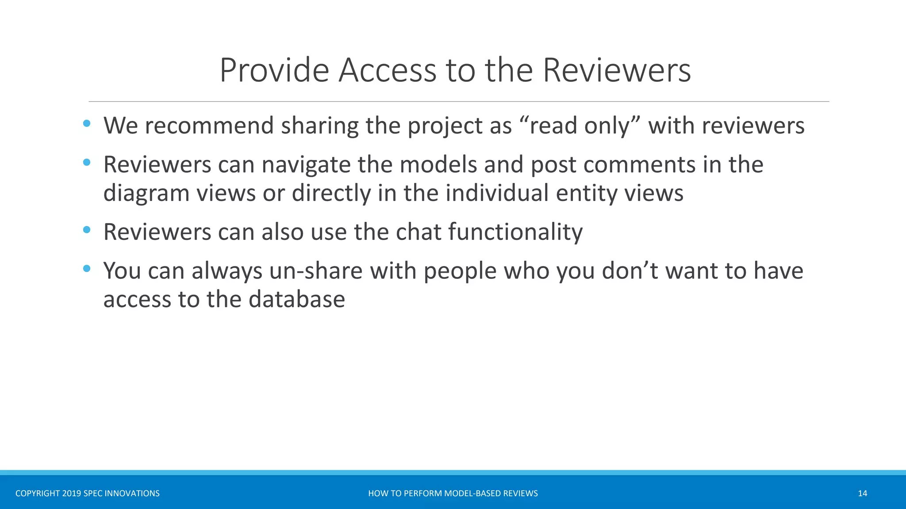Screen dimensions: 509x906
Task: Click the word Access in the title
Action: click(387, 70)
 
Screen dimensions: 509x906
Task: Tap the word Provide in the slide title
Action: click(274, 70)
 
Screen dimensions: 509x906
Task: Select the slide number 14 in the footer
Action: click(862, 494)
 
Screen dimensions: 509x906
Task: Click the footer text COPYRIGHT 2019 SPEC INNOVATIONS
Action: click(88, 494)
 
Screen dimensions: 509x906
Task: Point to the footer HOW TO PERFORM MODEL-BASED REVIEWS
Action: click(453, 494)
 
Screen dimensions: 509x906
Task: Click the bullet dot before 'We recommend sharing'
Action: click(87, 124)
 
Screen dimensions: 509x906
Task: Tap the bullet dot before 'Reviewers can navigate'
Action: click(87, 163)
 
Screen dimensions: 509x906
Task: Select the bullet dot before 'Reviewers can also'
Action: click(87, 230)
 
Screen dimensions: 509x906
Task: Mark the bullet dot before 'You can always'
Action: click(87, 269)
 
